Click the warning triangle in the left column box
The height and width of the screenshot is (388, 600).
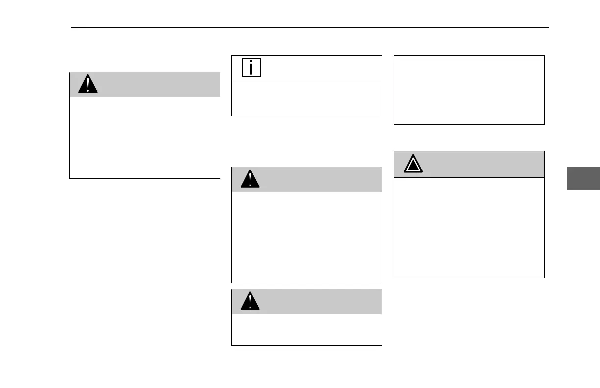(x=88, y=85)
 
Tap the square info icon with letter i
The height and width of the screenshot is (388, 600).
(x=251, y=68)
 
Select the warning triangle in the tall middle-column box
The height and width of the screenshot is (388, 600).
(x=250, y=180)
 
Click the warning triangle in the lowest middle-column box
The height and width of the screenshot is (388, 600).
(x=250, y=302)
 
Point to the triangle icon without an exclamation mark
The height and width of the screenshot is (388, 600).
(x=413, y=165)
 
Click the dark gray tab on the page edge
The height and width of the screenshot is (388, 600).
(x=583, y=178)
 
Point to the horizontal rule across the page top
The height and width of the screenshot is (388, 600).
(x=310, y=28)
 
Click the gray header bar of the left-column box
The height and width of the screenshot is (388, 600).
(x=157, y=85)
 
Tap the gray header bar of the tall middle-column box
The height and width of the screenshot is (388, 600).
(x=319, y=180)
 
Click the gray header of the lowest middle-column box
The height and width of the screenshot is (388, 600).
(x=319, y=302)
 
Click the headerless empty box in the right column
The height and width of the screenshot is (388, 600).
(x=469, y=90)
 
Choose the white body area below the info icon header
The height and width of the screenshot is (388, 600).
(x=306, y=98)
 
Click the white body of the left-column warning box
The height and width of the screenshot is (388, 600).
(x=145, y=138)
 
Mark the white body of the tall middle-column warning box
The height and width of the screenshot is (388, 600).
(x=306, y=237)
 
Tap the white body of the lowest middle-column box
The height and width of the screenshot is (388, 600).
(x=306, y=330)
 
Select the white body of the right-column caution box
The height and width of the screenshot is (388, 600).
(x=469, y=228)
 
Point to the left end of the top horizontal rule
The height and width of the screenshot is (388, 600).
(x=72, y=28)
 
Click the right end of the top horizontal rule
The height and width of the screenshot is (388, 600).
(x=548, y=28)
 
